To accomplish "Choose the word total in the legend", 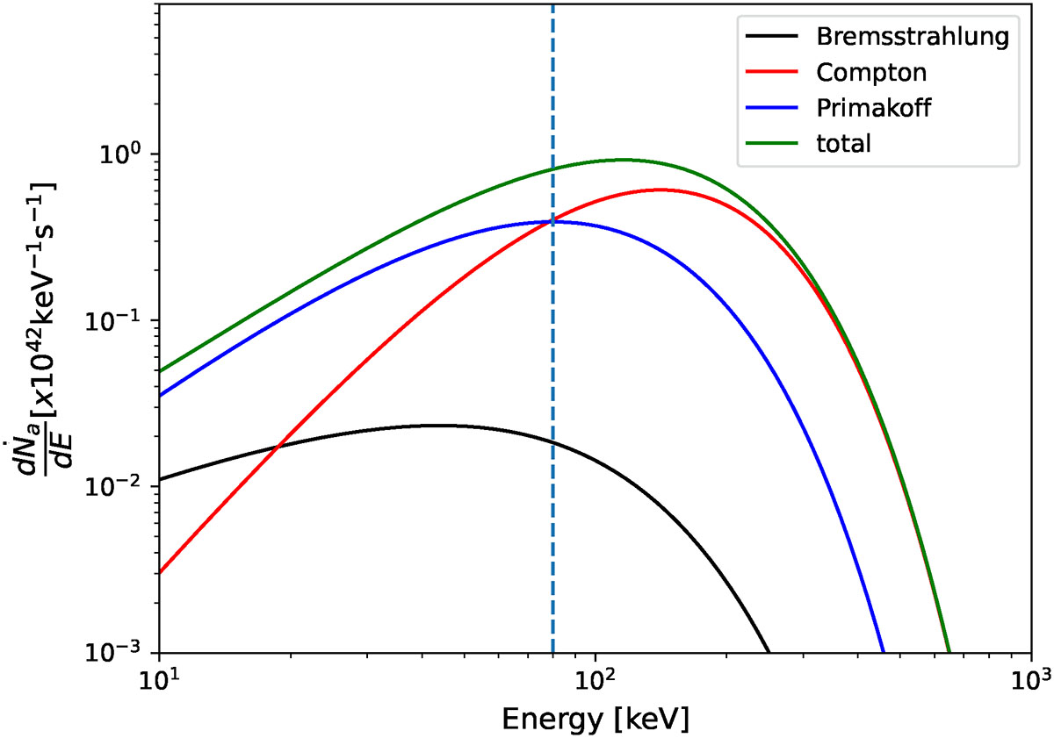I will (x=842, y=144).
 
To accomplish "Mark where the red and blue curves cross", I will (x=552, y=221).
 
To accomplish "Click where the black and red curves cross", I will (x=278, y=448).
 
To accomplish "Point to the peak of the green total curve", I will (x=623, y=160).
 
